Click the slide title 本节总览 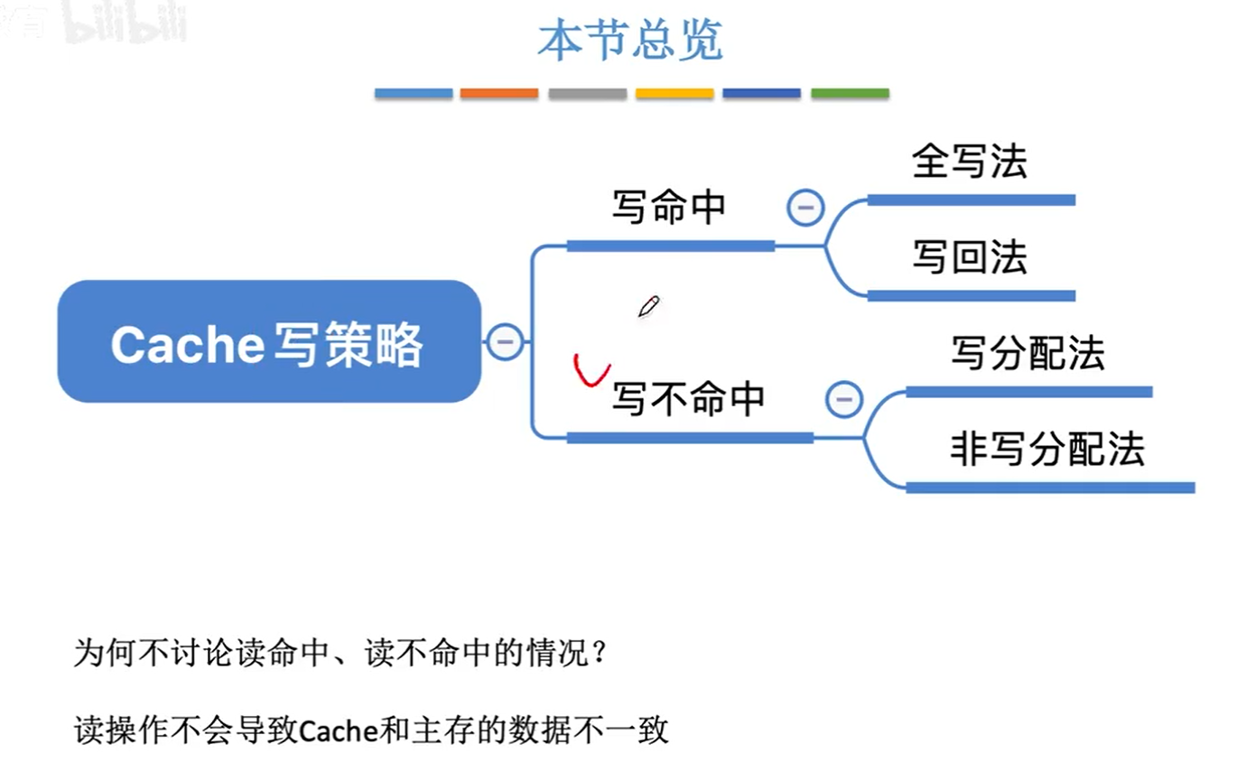630,42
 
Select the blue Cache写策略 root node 268,342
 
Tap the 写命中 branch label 669,208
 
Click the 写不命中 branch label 688,398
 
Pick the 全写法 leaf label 970,163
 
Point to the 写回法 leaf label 970,258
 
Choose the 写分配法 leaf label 1028,354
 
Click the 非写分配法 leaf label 1047,450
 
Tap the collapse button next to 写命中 805,209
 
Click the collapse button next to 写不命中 844,398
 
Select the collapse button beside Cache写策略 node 505,341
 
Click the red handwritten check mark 591,370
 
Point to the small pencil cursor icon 648,307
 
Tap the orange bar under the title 499,93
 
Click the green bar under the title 850,93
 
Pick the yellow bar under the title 675,93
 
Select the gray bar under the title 587,93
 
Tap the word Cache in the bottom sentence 337,730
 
